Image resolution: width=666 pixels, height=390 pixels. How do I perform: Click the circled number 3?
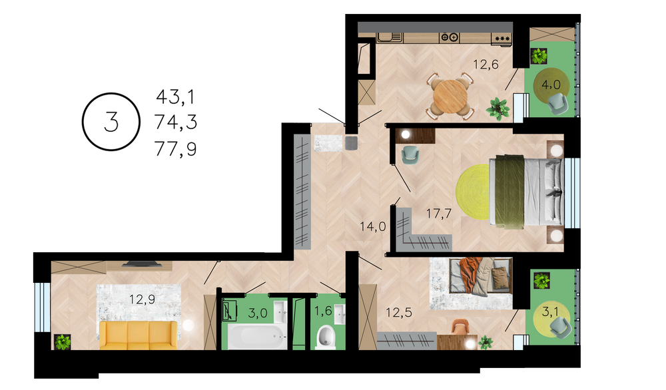pos(111,122)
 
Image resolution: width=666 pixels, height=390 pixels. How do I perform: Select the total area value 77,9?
pos(175,149)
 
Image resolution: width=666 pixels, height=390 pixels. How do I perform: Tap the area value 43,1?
pos(175,97)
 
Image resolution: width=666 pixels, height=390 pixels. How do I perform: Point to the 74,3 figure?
pos(175,122)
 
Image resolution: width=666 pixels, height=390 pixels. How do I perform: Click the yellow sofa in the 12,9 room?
pos(139,335)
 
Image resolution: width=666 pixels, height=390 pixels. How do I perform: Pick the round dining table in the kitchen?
pos(450,95)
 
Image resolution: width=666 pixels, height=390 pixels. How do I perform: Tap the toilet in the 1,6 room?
pos(326,337)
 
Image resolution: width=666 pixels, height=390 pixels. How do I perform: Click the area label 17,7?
pos(439,214)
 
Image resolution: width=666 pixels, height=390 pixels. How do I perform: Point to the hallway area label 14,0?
pos(373,227)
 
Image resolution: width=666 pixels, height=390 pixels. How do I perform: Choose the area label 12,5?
pos(399,313)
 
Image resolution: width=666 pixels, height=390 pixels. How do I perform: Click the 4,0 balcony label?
pos(551,85)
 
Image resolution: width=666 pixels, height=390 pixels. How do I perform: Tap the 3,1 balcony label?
pos(550,312)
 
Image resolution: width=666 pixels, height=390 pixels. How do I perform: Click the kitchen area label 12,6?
pos(486,65)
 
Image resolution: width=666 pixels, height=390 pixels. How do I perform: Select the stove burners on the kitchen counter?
pos(450,37)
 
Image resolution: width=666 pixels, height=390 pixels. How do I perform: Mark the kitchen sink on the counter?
pos(390,37)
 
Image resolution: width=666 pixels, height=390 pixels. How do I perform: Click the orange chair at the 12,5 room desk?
pos(460,327)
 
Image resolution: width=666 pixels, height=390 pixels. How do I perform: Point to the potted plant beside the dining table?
pos(498,108)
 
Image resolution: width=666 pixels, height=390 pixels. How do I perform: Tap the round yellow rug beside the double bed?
pos(473,192)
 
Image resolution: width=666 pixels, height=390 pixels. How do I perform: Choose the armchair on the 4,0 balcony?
pos(557,104)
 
